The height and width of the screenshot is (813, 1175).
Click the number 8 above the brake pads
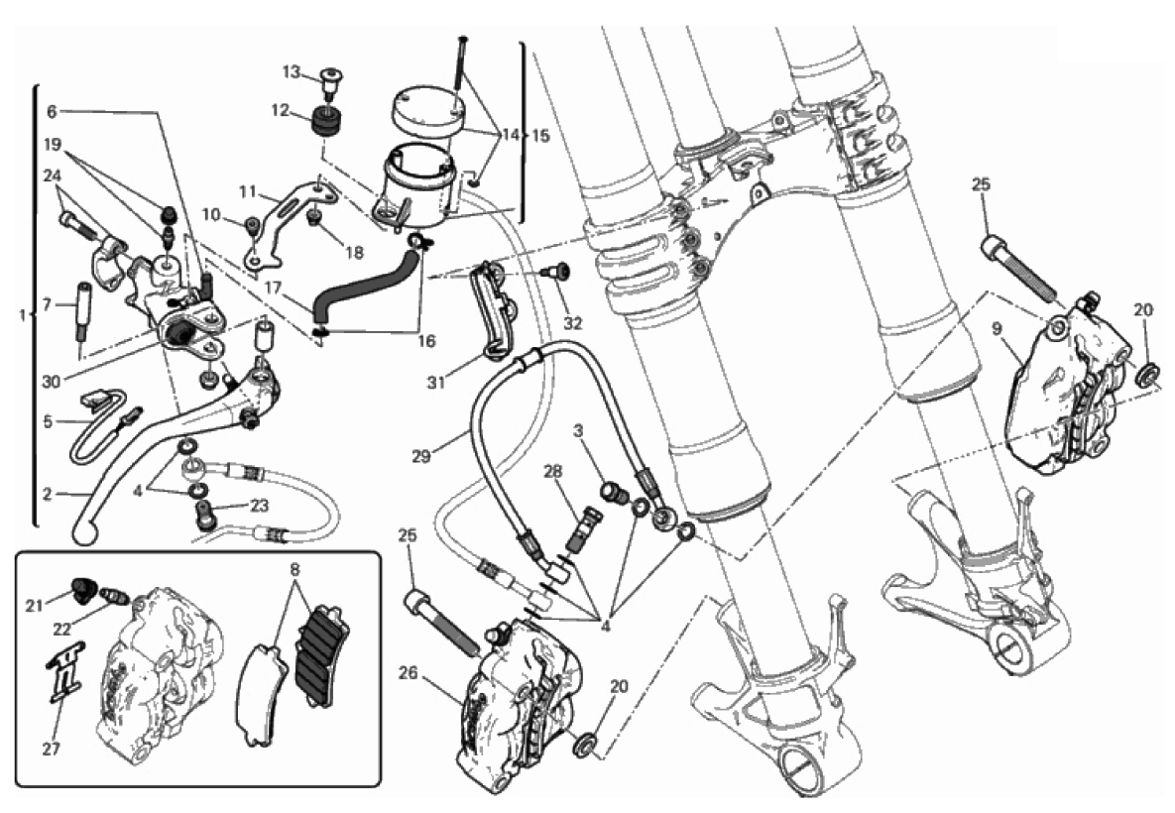pos(294,571)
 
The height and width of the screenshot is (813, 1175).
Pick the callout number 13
pos(290,71)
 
